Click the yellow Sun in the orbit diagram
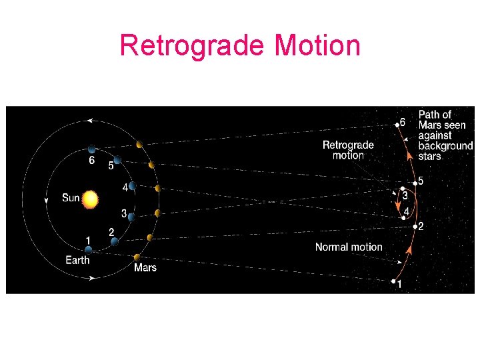pyautogui.click(x=91, y=199)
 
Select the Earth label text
pyautogui.click(x=77, y=260)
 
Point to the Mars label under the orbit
pyautogui.click(x=145, y=267)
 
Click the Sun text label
pyautogui.click(x=71, y=198)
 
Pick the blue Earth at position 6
pyautogui.click(x=92, y=150)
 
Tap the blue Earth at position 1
pyautogui.click(x=88, y=250)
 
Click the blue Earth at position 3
pyautogui.click(x=132, y=216)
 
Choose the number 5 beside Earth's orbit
pyautogui.click(x=111, y=165)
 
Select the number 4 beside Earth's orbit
pyautogui.click(x=125, y=188)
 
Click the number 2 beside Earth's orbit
pyautogui.click(x=111, y=231)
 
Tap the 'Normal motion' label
pyautogui.click(x=349, y=247)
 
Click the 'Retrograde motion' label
pyautogui.click(x=348, y=150)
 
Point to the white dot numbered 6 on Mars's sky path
pyautogui.click(x=397, y=125)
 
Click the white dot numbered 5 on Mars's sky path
pyautogui.click(x=415, y=183)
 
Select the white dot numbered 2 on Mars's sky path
pyautogui.click(x=414, y=227)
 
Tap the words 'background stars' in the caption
pyautogui.click(x=445, y=151)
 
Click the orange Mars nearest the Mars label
pyautogui.click(x=137, y=257)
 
